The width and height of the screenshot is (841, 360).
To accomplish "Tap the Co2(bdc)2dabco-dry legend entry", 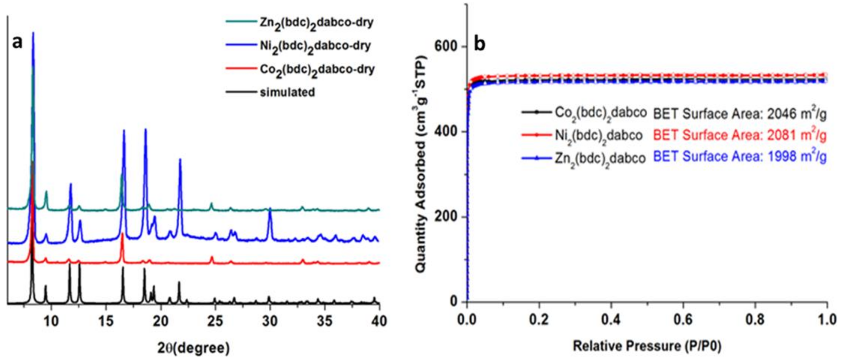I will (317, 69).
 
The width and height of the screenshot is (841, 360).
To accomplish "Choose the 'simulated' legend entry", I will (287, 92).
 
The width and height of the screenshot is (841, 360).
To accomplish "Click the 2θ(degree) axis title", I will (194, 348).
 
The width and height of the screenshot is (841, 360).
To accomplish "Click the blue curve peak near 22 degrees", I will (180, 160).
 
